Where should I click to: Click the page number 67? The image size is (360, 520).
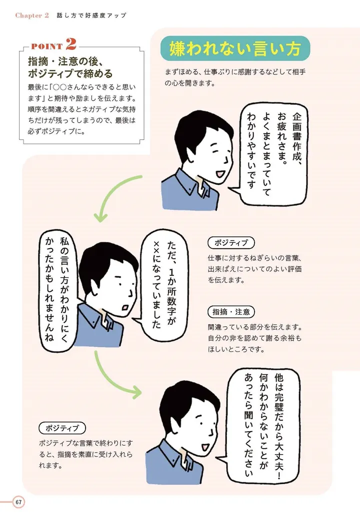pos(18,502)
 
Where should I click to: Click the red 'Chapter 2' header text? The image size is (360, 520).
pos(32,15)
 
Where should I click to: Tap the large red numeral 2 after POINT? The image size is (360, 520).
pos(70,44)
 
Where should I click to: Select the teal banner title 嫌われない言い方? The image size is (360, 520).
pos(235,48)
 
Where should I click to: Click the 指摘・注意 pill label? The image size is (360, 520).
pos(231,312)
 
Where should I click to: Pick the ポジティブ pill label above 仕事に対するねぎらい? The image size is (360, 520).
pos(231,242)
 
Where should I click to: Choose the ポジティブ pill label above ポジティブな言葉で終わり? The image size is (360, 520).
pos(62,428)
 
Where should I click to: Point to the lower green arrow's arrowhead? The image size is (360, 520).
pos(136,392)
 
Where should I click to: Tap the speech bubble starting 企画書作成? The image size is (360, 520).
pos(272,154)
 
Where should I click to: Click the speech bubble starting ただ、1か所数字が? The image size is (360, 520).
pos(163,285)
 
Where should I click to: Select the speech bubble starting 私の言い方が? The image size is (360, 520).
pos(57,289)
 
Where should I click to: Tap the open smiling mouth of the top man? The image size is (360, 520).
pos(220,173)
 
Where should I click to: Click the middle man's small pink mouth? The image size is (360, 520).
pos(125,307)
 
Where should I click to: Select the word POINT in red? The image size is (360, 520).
pos(47,46)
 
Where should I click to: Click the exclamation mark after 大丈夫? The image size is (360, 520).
pos(279,476)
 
